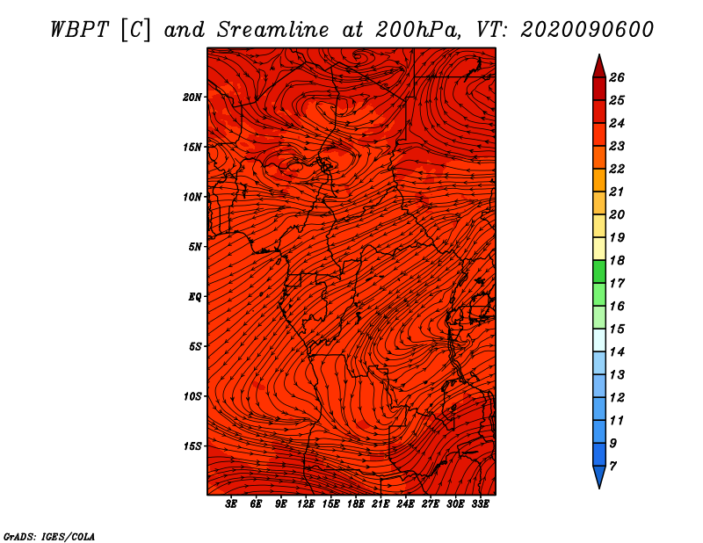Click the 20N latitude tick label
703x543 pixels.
(x=192, y=97)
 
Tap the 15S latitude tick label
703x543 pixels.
(x=192, y=445)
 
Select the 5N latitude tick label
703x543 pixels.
(x=194, y=246)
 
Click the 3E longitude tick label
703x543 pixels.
(x=231, y=504)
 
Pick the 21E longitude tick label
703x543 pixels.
(x=380, y=504)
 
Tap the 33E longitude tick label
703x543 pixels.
(x=480, y=504)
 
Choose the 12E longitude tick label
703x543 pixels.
(x=306, y=504)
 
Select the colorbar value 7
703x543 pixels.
(x=613, y=466)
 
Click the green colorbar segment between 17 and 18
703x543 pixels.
(x=598, y=271)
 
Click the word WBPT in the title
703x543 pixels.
(x=78, y=29)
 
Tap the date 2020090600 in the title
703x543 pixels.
(x=587, y=29)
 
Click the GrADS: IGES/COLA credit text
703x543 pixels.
(x=49, y=535)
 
